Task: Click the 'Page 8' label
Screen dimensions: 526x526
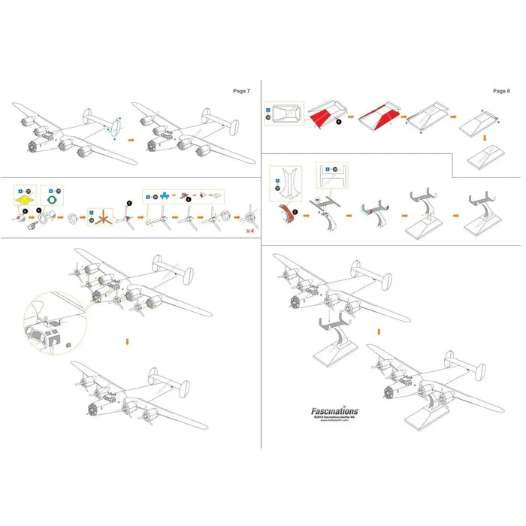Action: coord(501,90)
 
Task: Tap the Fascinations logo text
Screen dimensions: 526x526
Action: coord(335,411)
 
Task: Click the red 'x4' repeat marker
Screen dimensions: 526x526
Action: coord(249,231)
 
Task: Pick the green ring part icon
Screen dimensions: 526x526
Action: coord(50,202)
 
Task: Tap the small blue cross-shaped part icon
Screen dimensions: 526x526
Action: coord(163,195)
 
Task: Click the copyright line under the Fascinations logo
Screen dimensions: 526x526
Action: coord(335,419)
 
